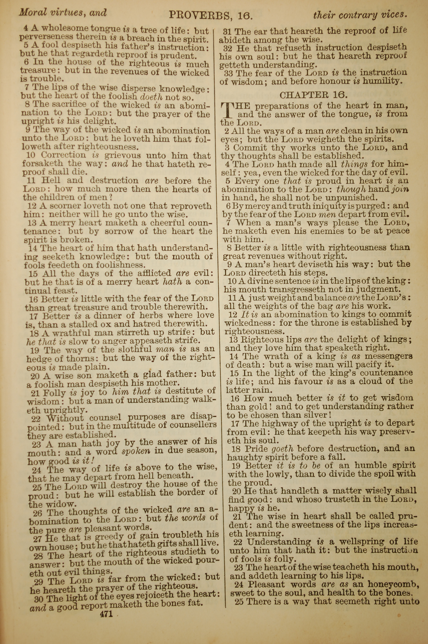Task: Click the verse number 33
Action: point(229,73)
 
